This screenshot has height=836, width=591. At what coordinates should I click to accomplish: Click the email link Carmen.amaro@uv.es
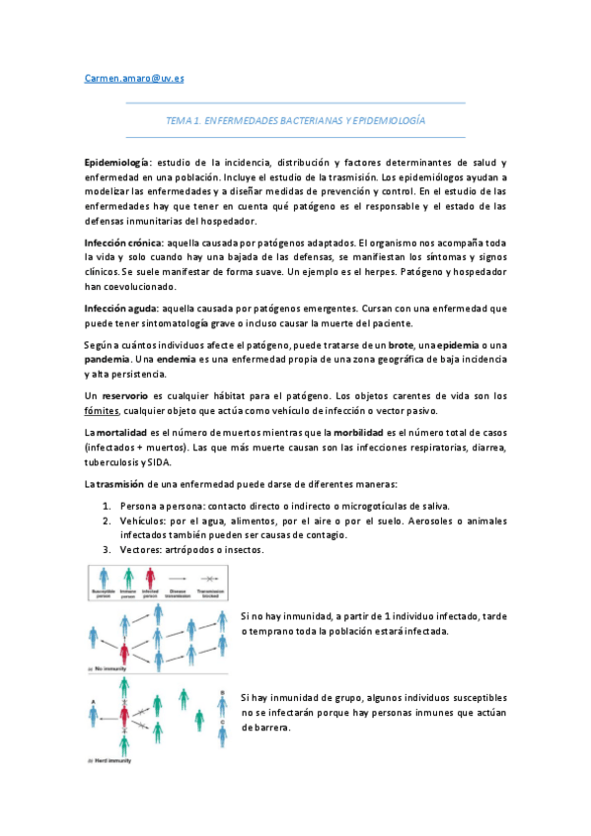pos(127,77)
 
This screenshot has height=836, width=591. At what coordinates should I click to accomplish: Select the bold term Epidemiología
pos(116,161)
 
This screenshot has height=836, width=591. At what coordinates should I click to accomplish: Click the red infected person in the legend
pos(150,579)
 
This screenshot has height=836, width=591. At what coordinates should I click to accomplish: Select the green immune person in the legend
pos(126,579)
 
